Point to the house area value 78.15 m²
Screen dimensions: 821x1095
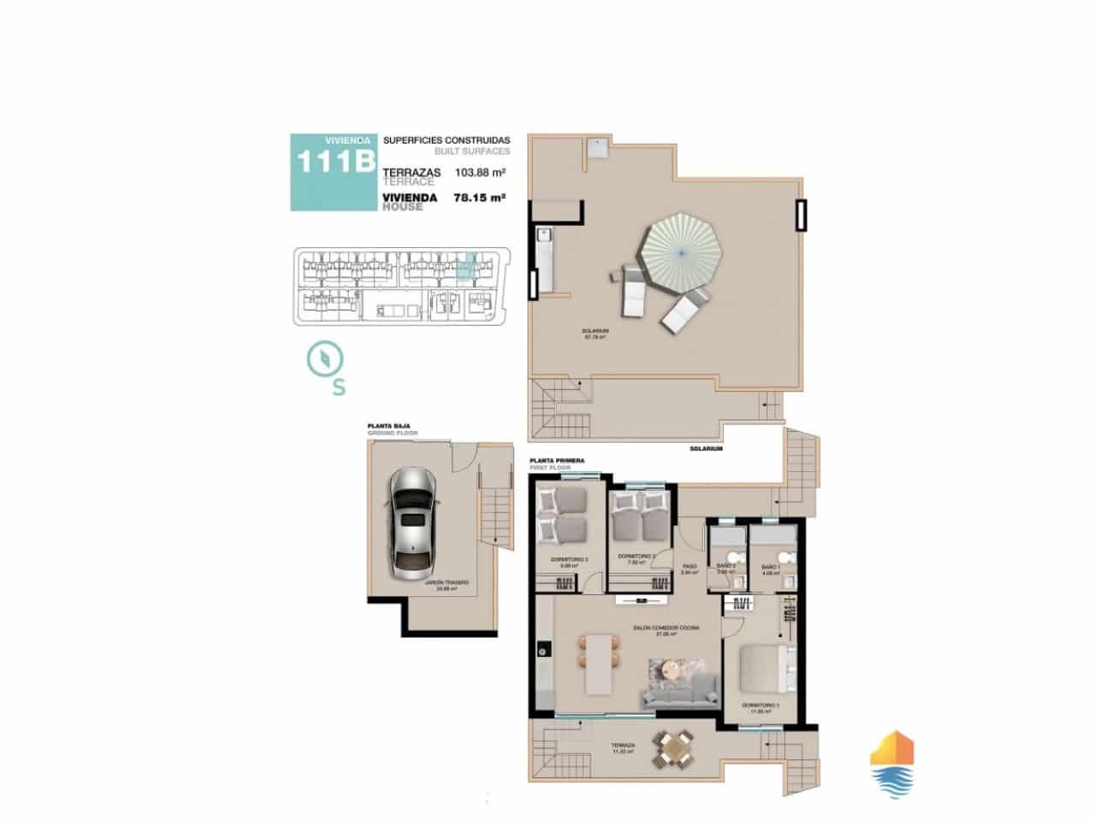(479, 198)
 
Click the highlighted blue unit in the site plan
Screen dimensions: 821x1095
(464, 269)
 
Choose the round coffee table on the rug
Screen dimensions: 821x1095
(667, 668)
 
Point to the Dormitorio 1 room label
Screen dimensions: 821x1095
(761, 706)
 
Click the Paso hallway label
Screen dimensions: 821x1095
(688, 567)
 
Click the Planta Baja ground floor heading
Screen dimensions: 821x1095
(385, 425)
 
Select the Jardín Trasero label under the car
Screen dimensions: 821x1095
(447, 582)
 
